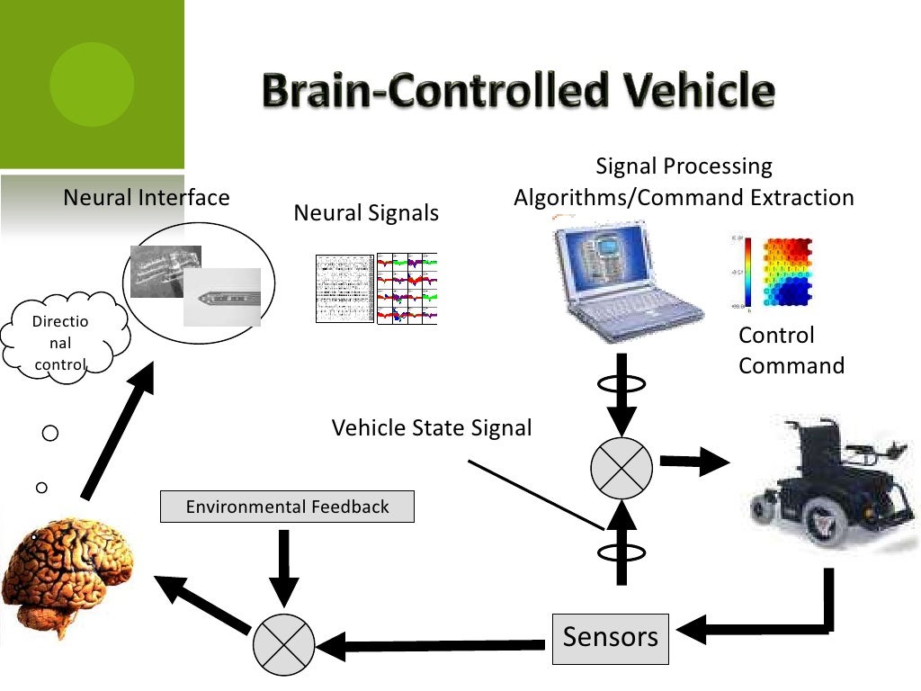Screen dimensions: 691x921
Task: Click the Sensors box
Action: pos(610,638)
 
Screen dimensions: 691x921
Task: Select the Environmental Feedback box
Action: pos(287,507)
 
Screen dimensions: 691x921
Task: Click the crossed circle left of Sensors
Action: pos(283,644)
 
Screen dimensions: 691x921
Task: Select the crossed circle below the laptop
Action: pos(621,467)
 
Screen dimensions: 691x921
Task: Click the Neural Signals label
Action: pos(366,213)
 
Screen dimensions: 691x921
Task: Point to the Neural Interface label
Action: pos(147,197)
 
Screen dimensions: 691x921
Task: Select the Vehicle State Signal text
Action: pos(432,427)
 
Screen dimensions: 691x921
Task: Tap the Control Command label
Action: pos(791,350)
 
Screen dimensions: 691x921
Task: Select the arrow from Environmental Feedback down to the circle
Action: pos(283,567)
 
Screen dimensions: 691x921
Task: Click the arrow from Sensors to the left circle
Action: pos(432,644)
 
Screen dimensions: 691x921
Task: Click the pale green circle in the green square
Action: pos(92,84)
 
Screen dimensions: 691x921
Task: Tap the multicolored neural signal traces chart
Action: pos(407,288)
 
